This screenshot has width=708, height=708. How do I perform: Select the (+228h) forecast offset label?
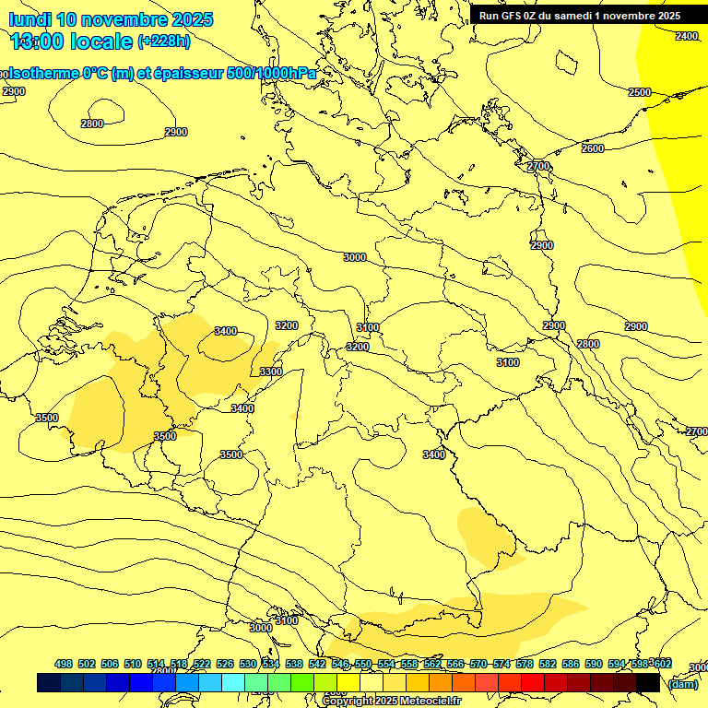(x=164, y=41)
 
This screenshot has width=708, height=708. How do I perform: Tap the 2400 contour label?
(x=686, y=36)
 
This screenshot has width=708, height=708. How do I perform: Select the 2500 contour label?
(x=640, y=92)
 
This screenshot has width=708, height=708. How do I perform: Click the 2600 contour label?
(x=593, y=148)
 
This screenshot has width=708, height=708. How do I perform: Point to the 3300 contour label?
(x=271, y=372)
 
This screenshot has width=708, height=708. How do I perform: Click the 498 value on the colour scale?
(x=64, y=664)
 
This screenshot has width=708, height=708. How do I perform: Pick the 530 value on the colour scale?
(x=248, y=664)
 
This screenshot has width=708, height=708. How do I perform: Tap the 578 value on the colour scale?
(x=525, y=664)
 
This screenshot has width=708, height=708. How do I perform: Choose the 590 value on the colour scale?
(x=594, y=664)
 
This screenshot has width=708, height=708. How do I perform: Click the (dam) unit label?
(x=682, y=683)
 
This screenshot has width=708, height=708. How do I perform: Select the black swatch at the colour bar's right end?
(x=648, y=682)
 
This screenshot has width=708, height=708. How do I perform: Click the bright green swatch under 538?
(x=301, y=682)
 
